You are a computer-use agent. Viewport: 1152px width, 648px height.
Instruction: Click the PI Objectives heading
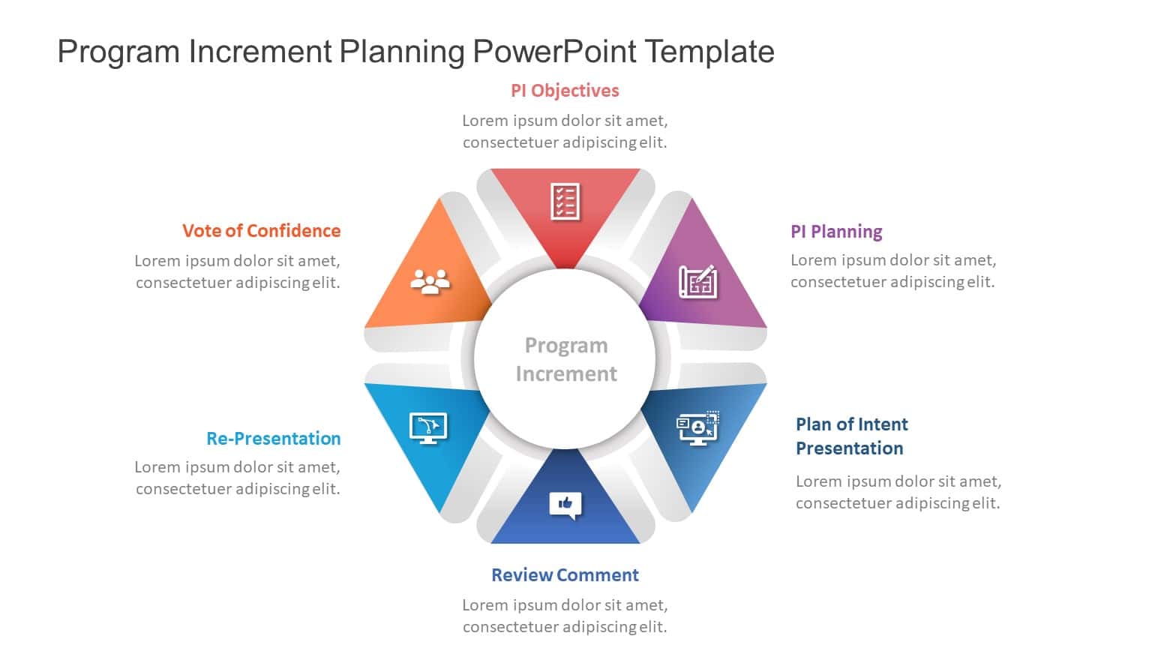coord(565,91)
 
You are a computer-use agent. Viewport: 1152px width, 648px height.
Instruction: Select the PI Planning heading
coord(836,231)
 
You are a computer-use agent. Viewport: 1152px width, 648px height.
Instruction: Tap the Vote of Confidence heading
coord(261,230)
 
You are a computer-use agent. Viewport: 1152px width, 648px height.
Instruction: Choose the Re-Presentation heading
coord(273,438)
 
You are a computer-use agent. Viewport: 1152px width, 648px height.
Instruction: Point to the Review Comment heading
coord(565,575)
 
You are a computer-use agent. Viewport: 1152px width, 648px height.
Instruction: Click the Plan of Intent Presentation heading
coord(851,436)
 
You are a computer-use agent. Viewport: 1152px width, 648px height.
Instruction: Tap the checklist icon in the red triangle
coord(565,201)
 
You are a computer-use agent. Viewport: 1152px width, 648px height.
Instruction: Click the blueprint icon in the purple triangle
coord(697,281)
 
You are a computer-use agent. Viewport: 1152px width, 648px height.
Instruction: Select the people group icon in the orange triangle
coord(430,280)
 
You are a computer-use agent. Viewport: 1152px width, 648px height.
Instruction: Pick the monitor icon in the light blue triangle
coord(428,427)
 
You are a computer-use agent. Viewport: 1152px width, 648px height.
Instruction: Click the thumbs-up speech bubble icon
coord(565,505)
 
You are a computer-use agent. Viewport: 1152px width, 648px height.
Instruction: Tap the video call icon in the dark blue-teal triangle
coord(697,427)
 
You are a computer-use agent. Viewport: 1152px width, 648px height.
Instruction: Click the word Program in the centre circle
coord(566,345)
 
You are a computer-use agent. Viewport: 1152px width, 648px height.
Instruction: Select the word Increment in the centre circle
coord(566,373)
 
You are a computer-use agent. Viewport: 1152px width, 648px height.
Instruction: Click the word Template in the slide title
coord(709,52)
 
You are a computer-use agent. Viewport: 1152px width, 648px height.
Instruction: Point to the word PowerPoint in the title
coord(554,52)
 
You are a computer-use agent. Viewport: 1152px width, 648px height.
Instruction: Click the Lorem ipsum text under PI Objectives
coord(565,131)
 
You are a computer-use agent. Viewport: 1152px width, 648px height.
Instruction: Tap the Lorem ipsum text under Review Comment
coord(565,616)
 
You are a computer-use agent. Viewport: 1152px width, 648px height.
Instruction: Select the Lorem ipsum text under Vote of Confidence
coord(238,271)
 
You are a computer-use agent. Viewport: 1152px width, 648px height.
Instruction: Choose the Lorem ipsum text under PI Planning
coord(893,271)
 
